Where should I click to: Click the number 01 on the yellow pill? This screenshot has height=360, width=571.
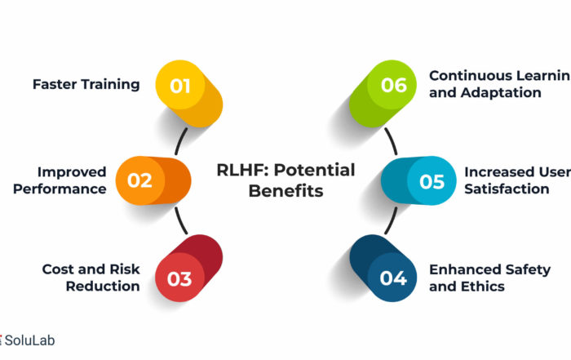coord(180,87)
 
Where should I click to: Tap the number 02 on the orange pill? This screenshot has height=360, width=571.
coord(139,180)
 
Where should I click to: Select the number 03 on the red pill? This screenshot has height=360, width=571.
coord(179,279)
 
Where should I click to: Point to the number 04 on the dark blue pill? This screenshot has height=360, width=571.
coord(393,278)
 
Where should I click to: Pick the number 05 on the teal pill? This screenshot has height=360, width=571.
coord(432,181)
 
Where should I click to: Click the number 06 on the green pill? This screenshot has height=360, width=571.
coord(394,85)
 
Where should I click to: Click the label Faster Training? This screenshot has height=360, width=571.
coord(86,85)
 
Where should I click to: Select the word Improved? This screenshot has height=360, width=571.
coord(72,172)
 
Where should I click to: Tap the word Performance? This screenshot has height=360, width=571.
coord(60,189)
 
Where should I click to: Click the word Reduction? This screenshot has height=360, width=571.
coord(103,286)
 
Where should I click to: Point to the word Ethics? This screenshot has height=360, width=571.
coord(483,287)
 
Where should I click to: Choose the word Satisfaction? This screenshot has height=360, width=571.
coord(507,189)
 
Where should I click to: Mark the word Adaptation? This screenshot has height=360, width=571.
coord(501,92)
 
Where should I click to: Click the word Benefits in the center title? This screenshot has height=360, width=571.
coord(285,191)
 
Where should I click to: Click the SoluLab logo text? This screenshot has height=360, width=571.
coord(29,340)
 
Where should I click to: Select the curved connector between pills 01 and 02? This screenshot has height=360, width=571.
coord(179,141)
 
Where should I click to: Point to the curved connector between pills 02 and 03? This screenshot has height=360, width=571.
coord(180,220)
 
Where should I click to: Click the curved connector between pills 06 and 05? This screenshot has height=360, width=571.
coord(392,141)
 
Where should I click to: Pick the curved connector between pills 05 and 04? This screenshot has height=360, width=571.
coord(392,220)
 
